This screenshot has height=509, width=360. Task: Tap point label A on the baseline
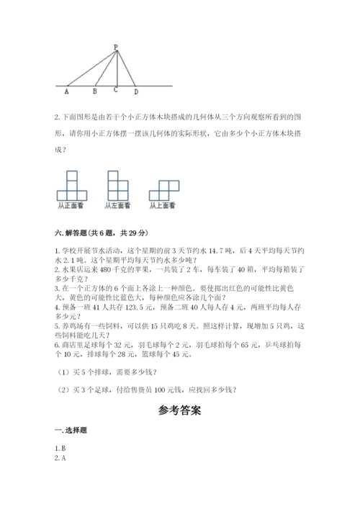(67, 92)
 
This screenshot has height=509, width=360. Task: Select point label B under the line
(94, 92)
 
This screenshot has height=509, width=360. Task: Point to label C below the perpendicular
(115, 91)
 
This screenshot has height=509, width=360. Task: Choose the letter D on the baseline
(136, 92)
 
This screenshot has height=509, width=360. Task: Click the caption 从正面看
(71, 206)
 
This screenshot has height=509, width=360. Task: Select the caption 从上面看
(163, 206)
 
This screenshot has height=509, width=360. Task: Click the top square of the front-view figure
(71, 176)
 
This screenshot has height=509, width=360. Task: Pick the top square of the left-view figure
(113, 176)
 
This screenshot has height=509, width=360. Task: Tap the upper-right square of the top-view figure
(171, 185)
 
